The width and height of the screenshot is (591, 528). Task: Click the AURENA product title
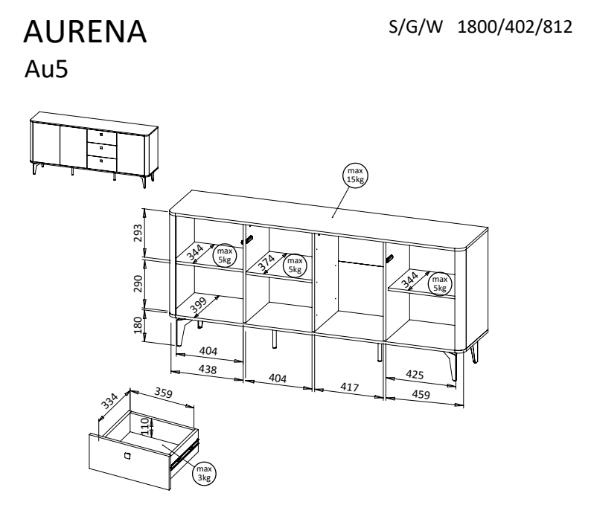point(85,32)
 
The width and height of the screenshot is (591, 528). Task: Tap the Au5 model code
point(46,69)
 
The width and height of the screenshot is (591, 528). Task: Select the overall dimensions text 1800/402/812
point(514,27)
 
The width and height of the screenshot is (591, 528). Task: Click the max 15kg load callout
point(355,176)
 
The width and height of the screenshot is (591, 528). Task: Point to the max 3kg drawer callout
point(204,474)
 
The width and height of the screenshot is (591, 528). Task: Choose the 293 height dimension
point(138,233)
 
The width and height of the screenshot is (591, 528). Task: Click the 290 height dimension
point(138,284)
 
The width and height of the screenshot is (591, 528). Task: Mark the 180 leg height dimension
point(138,325)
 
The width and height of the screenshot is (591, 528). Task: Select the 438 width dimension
point(208,370)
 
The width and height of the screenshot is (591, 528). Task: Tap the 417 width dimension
point(349,387)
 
